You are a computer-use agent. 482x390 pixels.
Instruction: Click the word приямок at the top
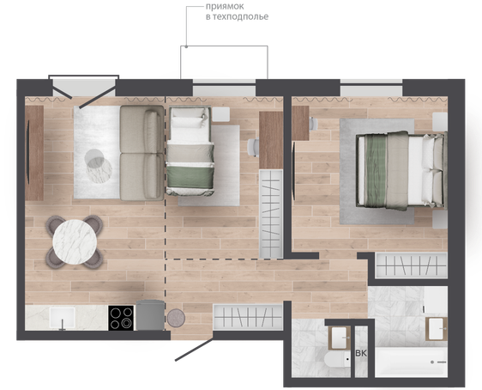pyautogui.click(x=225, y=7)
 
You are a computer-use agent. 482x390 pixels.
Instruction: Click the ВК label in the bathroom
pyautogui.click(x=361, y=353)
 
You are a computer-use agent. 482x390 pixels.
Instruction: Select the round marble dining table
pyautogui.click(x=75, y=241)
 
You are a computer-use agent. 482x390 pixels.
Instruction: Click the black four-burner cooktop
pyautogui.click(x=121, y=318)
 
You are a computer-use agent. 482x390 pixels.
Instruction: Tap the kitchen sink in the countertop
pyautogui.click(x=63, y=318)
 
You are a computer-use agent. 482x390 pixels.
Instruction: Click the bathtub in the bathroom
pyautogui.click(x=411, y=362)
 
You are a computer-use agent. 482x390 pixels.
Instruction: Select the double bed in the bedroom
pyautogui.click(x=401, y=170)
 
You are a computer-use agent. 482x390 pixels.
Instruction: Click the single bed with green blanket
pyautogui.click(x=190, y=151)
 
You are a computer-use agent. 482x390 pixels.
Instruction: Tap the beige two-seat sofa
pyautogui.click(x=142, y=153)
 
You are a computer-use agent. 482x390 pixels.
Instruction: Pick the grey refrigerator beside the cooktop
pyautogui.click(x=150, y=315)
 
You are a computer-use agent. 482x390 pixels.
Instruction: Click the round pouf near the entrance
pyautogui.click(x=176, y=318)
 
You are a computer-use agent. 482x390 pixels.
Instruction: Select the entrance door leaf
pyautogui.click(x=194, y=350)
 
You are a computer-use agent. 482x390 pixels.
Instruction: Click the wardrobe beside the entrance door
pyautogui.click(x=248, y=317)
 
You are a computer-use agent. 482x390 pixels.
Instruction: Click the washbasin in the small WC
pyautogui.click(x=339, y=338)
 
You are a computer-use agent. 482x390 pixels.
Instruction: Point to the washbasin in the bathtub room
pyautogui.click(x=437, y=329)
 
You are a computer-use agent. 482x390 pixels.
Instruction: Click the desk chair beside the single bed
pyautogui.click(x=253, y=148)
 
